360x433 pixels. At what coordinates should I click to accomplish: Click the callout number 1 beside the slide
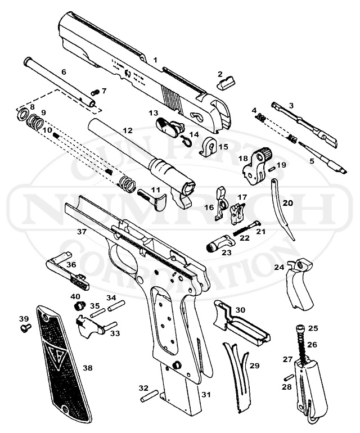click(x=155, y=59)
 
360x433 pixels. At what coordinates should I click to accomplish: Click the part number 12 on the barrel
click(x=128, y=130)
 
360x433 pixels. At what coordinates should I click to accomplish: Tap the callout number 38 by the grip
click(x=87, y=368)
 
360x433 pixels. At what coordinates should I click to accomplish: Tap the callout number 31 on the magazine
click(x=206, y=395)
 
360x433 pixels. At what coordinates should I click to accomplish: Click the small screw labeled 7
click(x=94, y=92)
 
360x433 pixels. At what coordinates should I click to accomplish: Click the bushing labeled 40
click(x=79, y=306)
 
